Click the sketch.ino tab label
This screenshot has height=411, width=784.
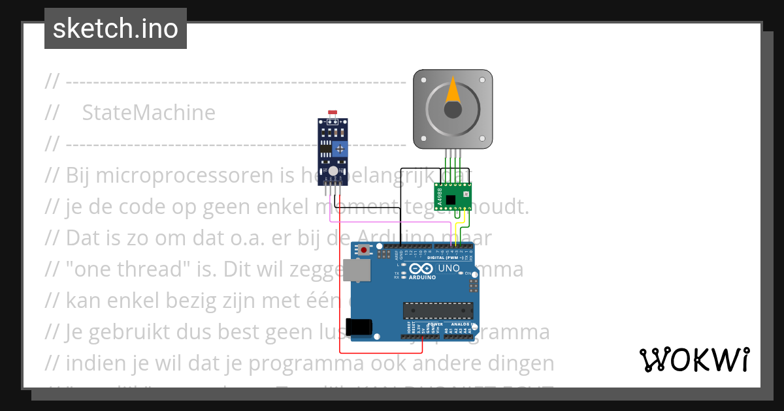115,29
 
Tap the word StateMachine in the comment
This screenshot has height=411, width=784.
148,113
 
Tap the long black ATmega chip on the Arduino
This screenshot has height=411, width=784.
438,312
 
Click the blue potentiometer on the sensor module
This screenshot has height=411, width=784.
340,149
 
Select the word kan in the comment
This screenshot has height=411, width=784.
81,300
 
